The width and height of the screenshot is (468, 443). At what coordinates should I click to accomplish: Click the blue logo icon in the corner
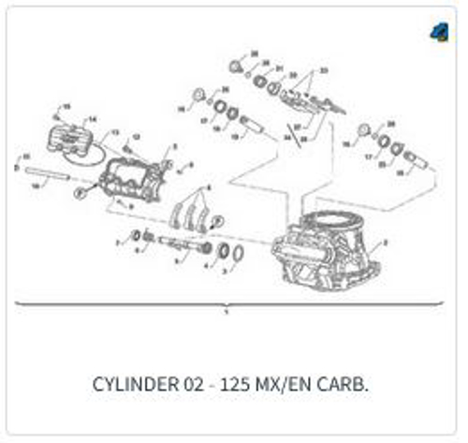point(441,32)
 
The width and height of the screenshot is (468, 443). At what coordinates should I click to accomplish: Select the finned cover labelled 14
point(72,140)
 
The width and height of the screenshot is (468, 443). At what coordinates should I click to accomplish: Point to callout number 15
point(66,106)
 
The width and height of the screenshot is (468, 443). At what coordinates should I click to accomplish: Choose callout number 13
point(115,133)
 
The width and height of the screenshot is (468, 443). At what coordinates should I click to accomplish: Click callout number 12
point(137,138)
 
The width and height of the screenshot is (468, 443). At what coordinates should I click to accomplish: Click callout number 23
point(324,70)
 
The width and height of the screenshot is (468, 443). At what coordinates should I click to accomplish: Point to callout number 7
point(117,243)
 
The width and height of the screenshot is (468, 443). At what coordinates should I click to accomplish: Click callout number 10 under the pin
point(36,186)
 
